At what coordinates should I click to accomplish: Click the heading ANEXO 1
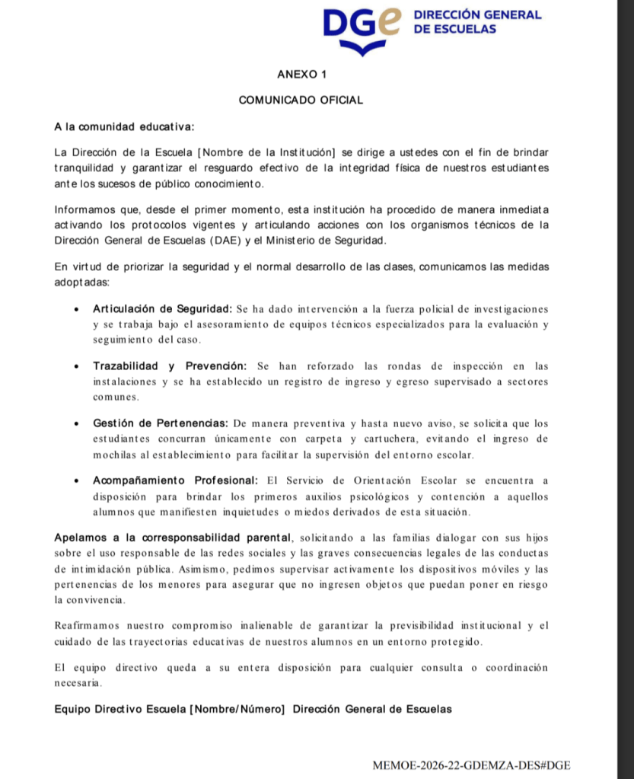coord(301,74)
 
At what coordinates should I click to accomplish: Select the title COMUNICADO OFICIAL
coord(301,100)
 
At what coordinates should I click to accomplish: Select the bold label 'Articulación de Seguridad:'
coord(162,308)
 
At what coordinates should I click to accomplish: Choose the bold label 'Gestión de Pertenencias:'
coord(161,423)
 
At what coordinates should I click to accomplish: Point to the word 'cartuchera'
coord(420,439)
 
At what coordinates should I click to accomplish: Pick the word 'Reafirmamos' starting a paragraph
coord(90,626)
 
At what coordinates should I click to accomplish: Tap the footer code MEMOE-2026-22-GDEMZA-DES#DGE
coord(471,765)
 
